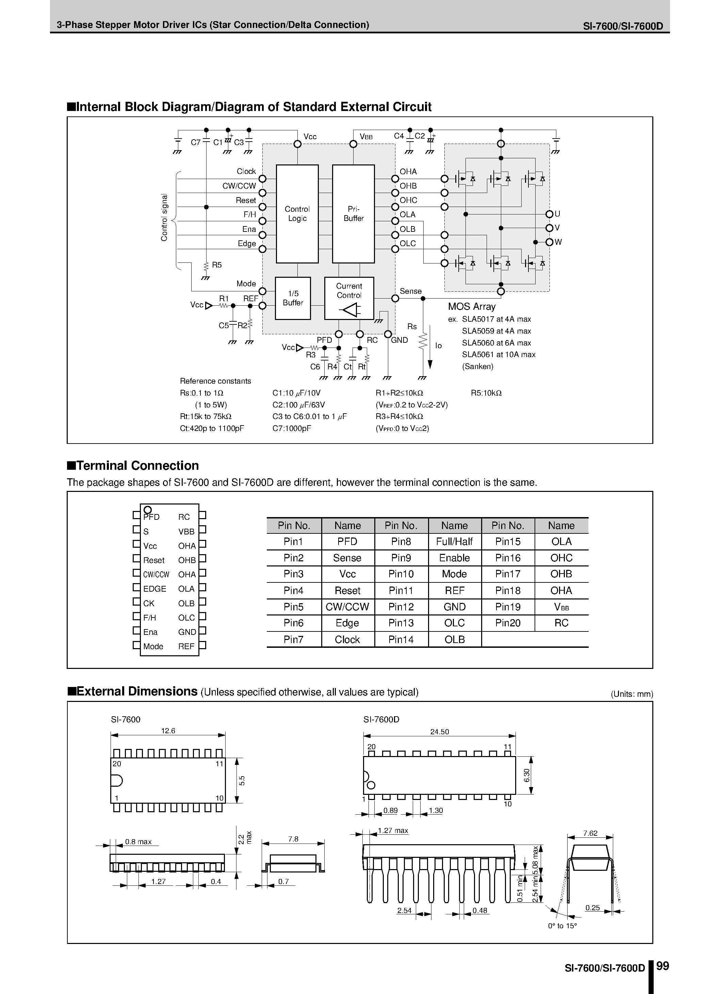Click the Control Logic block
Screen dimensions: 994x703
click(x=297, y=213)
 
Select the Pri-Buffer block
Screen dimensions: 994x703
click(x=353, y=213)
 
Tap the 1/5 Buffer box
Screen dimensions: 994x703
click(x=293, y=298)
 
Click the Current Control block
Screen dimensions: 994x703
click(x=349, y=298)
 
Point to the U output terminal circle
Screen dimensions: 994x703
click(x=549, y=214)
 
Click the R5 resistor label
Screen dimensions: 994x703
click(x=216, y=265)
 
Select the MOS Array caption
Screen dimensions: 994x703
click(x=471, y=306)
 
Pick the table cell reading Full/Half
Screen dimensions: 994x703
click(x=455, y=542)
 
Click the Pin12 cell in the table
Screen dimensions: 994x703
click(x=401, y=607)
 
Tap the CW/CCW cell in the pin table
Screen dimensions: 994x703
click(x=347, y=607)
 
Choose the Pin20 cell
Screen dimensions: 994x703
click(x=508, y=623)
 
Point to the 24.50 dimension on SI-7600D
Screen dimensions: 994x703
click(x=439, y=732)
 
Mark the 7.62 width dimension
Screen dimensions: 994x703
click(x=590, y=833)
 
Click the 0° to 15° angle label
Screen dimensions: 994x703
click(x=562, y=938)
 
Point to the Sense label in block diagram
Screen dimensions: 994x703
click(x=410, y=291)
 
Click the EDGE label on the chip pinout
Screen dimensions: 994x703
click(x=154, y=589)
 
